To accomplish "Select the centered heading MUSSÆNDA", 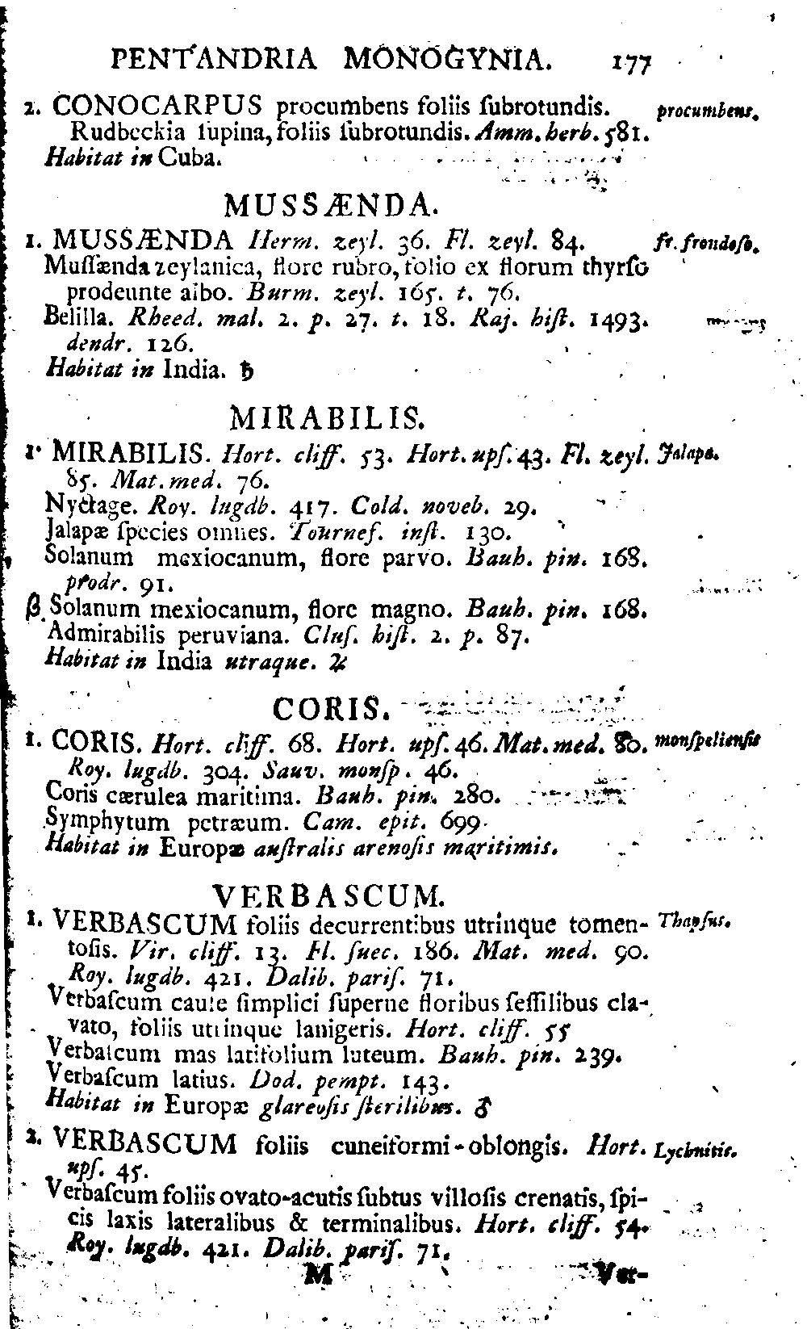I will (330, 206).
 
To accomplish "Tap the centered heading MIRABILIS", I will (328, 418).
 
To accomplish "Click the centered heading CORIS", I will (332, 709).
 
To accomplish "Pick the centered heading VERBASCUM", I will (328, 895).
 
